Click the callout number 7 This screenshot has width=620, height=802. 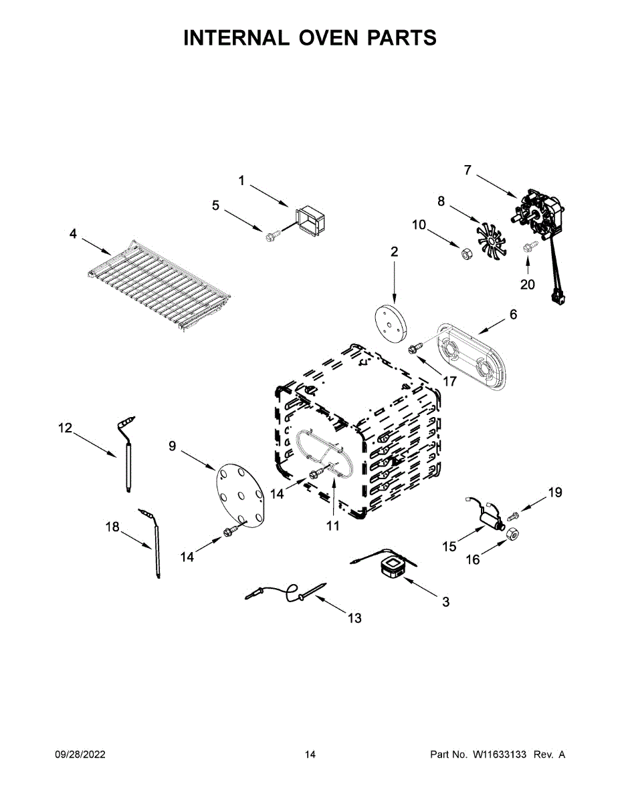pyautogui.click(x=468, y=170)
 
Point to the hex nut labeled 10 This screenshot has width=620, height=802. pyautogui.click(x=463, y=252)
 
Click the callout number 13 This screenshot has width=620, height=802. pyautogui.click(x=354, y=618)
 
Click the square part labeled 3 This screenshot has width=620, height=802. pyautogui.click(x=391, y=569)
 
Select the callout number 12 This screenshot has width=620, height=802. pyautogui.click(x=65, y=428)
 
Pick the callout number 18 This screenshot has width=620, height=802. pyautogui.click(x=112, y=527)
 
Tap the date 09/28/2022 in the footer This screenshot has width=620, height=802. pyautogui.click(x=80, y=755)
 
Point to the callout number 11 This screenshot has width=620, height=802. pyautogui.click(x=333, y=526)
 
